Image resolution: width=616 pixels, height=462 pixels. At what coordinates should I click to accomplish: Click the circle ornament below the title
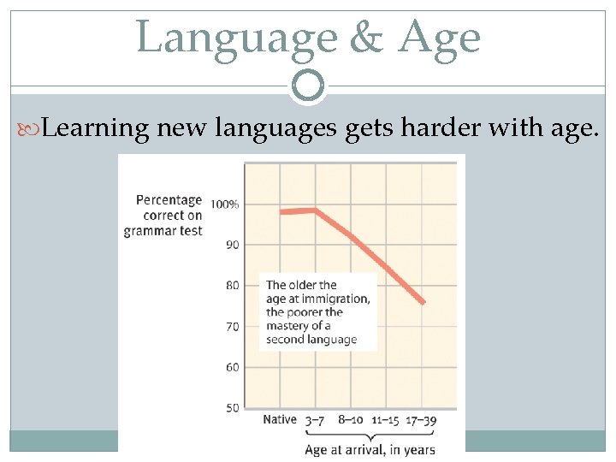pyautogui.click(x=308, y=85)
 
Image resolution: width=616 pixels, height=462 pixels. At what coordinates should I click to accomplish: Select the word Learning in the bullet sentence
pyautogui.click(x=95, y=129)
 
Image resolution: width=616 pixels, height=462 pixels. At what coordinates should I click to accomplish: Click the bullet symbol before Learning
pyautogui.click(x=33, y=130)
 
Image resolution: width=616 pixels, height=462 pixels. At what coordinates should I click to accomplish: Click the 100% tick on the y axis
pyautogui.click(x=225, y=204)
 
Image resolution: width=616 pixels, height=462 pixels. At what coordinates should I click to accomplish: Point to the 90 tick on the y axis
pyautogui.click(x=232, y=245)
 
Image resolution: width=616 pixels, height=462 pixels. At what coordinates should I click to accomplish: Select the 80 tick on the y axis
pyautogui.click(x=232, y=286)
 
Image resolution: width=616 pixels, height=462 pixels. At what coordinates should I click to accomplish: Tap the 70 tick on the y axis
pyautogui.click(x=232, y=326)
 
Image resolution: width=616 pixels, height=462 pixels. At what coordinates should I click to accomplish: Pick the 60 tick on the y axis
pyautogui.click(x=232, y=367)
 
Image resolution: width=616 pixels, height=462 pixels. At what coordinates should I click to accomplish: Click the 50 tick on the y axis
pyautogui.click(x=232, y=408)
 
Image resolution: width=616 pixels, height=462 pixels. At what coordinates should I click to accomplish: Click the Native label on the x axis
pyautogui.click(x=280, y=420)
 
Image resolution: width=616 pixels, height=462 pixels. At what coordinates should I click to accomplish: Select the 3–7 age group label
pyautogui.click(x=315, y=420)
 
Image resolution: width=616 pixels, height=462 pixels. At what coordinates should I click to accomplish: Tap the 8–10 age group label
pyautogui.click(x=351, y=420)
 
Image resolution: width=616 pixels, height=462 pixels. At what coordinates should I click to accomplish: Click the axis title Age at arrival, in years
pyautogui.click(x=370, y=449)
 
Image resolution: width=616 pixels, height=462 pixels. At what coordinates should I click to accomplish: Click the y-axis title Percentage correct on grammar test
pyautogui.click(x=164, y=215)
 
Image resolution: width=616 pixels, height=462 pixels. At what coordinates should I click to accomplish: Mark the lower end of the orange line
pyautogui.click(x=423, y=302)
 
